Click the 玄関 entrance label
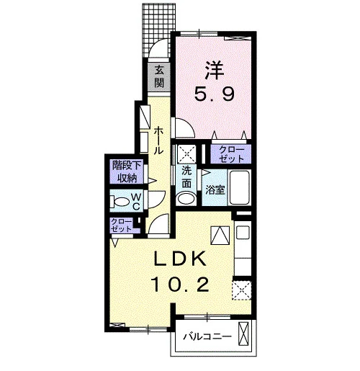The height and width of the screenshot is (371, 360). pyautogui.click(x=159, y=76)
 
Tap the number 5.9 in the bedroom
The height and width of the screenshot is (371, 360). pyautogui.click(x=214, y=94)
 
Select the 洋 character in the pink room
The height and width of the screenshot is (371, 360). pyautogui.click(x=215, y=71)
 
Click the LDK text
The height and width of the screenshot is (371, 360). pyautogui.click(x=180, y=259)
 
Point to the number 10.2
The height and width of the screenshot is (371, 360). pyautogui.click(x=180, y=285)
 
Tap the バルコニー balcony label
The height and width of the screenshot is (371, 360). pyautogui.click(x=207, y=336)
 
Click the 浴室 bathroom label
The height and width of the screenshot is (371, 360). pyautogui.click(x=215, y=190)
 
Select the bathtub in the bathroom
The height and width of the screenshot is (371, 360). pyautogui.click(x=240, y=187)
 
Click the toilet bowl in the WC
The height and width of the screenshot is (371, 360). pyautogui.click(x=122, y=201)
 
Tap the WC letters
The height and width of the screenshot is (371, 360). pyautogui.click(x=136, y=202)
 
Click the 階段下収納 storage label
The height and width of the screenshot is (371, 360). pyautogui.click(x=127, y=171)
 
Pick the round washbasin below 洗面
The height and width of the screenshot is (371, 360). pyautogui.click(x=186, y=199)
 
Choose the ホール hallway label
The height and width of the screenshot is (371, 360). pyautogui.click(x=158, y=140)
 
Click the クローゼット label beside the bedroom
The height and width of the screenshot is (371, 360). pyautogui.click(x=231, y=154)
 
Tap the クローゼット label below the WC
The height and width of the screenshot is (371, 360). pyautogui.click(x=122, y=225)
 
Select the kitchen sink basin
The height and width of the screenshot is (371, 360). pyautogui.click(x=243, y=233)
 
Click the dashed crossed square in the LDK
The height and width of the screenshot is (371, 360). pyautogui.click(x=241, y=290)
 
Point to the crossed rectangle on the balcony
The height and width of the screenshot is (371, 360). pyautogui.click(x=243, y=334)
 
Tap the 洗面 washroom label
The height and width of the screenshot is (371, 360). pyautogui.click(x=186, y=177)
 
